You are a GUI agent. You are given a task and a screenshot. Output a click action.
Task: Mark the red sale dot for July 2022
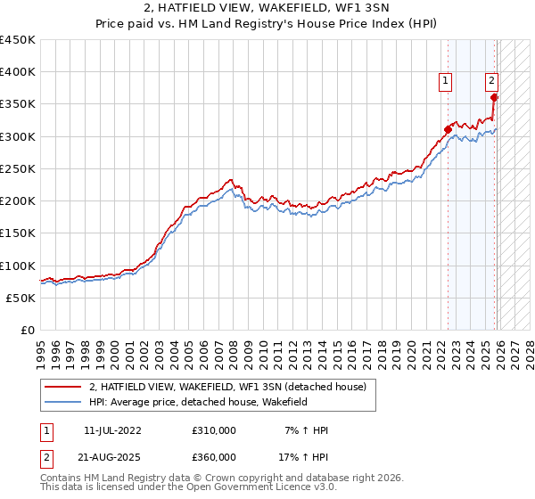(448, 129)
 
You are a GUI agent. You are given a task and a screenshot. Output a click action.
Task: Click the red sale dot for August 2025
(496, 97)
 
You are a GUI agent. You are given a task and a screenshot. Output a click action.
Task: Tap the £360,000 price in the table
(214, 457)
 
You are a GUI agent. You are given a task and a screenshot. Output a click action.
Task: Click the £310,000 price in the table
(214, 430)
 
